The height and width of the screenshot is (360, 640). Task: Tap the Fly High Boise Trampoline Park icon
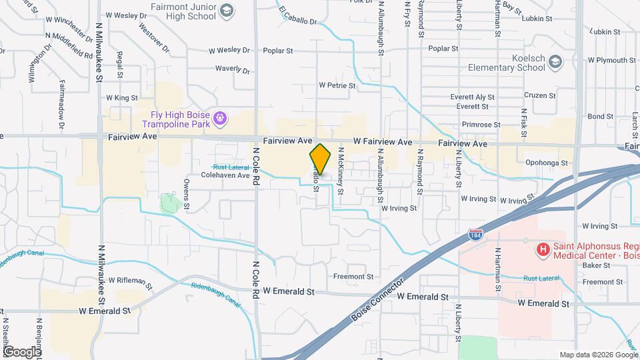click(221, 120)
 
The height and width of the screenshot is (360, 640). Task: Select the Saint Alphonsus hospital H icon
click(543, 251)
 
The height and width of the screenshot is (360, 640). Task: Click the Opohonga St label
click(546, 163)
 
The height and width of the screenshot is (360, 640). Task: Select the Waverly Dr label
click(233, 69)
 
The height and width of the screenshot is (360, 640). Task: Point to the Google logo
click(21, 351)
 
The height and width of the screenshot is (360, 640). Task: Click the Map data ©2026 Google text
click(597, 355)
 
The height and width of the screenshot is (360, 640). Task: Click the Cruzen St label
click(540, 95)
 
